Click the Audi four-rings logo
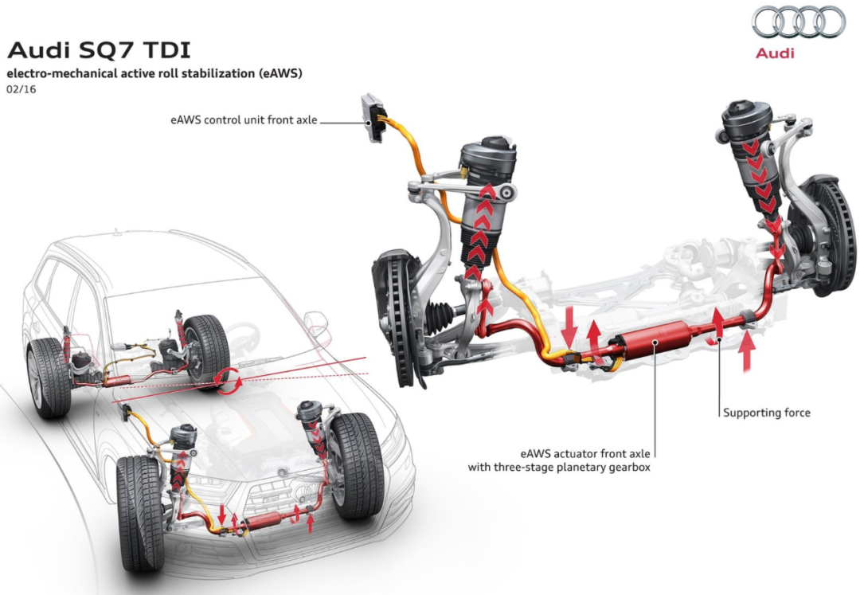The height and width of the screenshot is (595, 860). coord(798,22)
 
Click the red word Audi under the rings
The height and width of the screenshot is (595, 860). coord(775,53)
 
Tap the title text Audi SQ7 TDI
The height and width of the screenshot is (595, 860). coord(99,50)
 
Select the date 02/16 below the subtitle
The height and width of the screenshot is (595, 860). coord(21,89)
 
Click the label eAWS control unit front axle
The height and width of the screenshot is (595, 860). coord(244,120)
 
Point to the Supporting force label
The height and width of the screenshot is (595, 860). coord(766,413)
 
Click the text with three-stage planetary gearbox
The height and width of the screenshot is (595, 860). coord(559,468)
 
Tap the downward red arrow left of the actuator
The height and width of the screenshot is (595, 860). coord(570,327)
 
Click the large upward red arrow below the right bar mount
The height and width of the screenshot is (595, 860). coord(746,352)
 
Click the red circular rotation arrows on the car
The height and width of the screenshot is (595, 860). coord(229,381)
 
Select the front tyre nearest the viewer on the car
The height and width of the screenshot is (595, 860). coord(138,514)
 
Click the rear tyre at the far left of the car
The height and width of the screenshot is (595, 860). coord(49,378)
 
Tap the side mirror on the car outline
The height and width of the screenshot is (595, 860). coord(316,323)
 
